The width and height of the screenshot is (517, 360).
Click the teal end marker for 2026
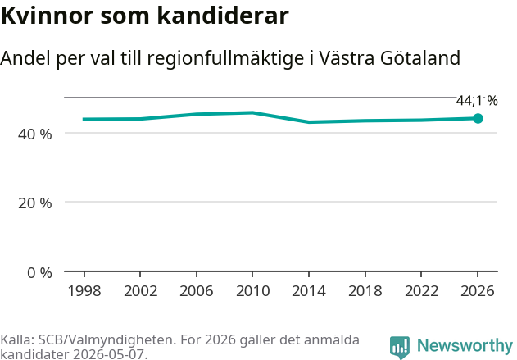[x=478, y=118]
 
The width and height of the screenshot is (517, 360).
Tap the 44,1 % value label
[x=477, y=101]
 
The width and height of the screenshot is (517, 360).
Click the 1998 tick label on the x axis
[x=84, y=291]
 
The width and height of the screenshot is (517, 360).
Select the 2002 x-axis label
[x=140, y=291]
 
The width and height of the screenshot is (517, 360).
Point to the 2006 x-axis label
[x=197, y=291]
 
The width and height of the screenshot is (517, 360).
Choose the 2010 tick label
[x=253, y=291]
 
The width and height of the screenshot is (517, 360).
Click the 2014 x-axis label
[x=309, y=291]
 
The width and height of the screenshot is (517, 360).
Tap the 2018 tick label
[x=365, y=291]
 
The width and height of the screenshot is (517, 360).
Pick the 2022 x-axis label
[x=421, y=291]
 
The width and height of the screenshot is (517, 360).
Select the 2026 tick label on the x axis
[x=478, y=291]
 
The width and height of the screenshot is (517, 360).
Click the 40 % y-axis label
[x=35, y=134]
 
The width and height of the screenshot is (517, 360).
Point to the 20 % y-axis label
[x=35, y=203]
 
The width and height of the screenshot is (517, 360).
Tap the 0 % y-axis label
[x=39, y=273]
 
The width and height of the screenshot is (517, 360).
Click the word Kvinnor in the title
[x=48, y=16]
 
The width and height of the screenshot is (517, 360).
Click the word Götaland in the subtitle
[x=419, y=58]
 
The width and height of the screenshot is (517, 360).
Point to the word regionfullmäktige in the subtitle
[x=225, y=59]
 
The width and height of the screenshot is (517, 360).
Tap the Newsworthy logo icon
[x=400, y=347]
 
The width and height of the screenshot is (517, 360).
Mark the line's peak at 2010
[x=252, y=113]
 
